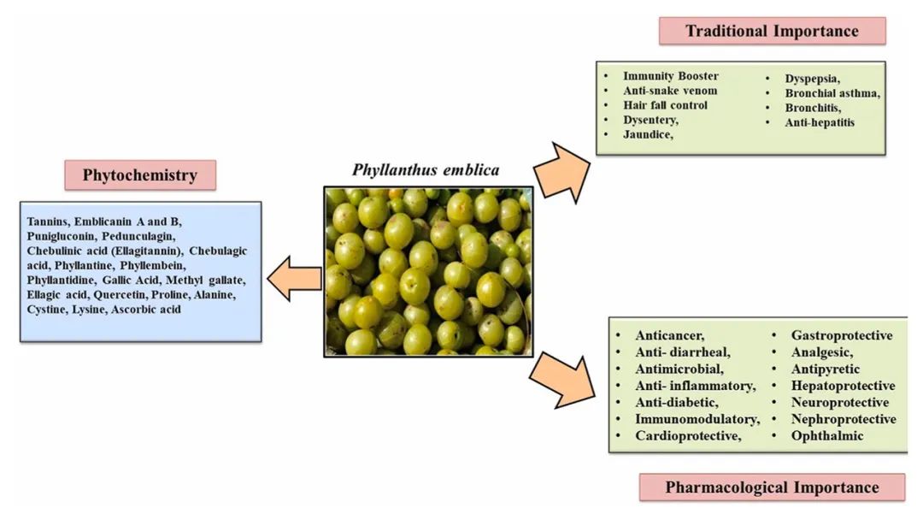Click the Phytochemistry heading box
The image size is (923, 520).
[140, 175]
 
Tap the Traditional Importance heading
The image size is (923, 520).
[772, 32]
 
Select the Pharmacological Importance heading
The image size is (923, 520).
[772, 487]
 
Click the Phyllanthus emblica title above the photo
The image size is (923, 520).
[426, 169]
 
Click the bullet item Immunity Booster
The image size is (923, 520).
[671, 76]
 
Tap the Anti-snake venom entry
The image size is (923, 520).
[670, 91]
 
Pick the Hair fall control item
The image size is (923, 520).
[665, 105]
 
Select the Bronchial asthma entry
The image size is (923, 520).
[832, 93]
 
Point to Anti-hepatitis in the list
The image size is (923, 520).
[820, 122]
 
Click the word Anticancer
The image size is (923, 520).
[670, 335]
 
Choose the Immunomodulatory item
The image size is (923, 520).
[697, 419]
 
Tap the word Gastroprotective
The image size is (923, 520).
[842, 335]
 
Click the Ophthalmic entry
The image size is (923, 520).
[827, 436]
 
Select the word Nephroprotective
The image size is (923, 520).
[844, 419]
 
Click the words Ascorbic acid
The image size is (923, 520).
[146, 309]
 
